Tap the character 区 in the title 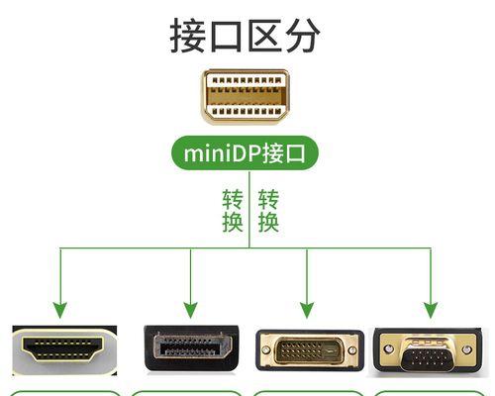pos(265,36)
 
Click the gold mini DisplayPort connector pos(246,97)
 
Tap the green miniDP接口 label pos(245,153)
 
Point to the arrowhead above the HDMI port pos(60,310)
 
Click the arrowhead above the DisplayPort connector pos(190,310)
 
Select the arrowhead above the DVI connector pos(307,310)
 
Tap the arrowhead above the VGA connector pos(431,310)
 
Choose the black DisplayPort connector pos(192,348)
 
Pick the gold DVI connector pos(310,349)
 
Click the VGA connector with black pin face pos(428,350)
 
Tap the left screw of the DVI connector pos(265,349)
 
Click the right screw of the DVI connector pos(352,349)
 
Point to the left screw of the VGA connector pos(389,348)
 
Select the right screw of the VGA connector pos(467,349)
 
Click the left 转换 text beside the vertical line pos(233,211)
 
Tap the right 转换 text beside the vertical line pos(268,211)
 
